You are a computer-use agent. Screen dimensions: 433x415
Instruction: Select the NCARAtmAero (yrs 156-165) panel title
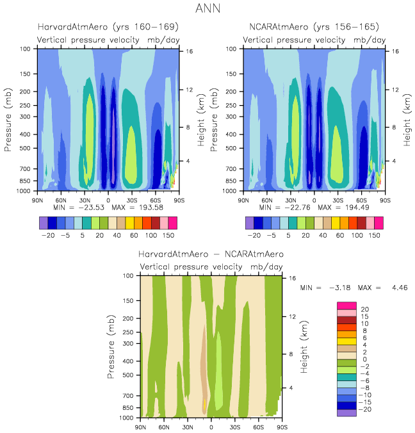(x=314, y=27)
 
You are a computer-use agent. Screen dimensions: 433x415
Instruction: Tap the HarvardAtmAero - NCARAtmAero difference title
(x=211, y=254)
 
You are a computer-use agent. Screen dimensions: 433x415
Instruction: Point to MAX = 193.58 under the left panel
(x=138, y=208)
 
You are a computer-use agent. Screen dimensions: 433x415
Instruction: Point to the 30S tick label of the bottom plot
(x=235, y=426)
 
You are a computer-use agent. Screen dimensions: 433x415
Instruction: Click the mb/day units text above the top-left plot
(x=161, y=40)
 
